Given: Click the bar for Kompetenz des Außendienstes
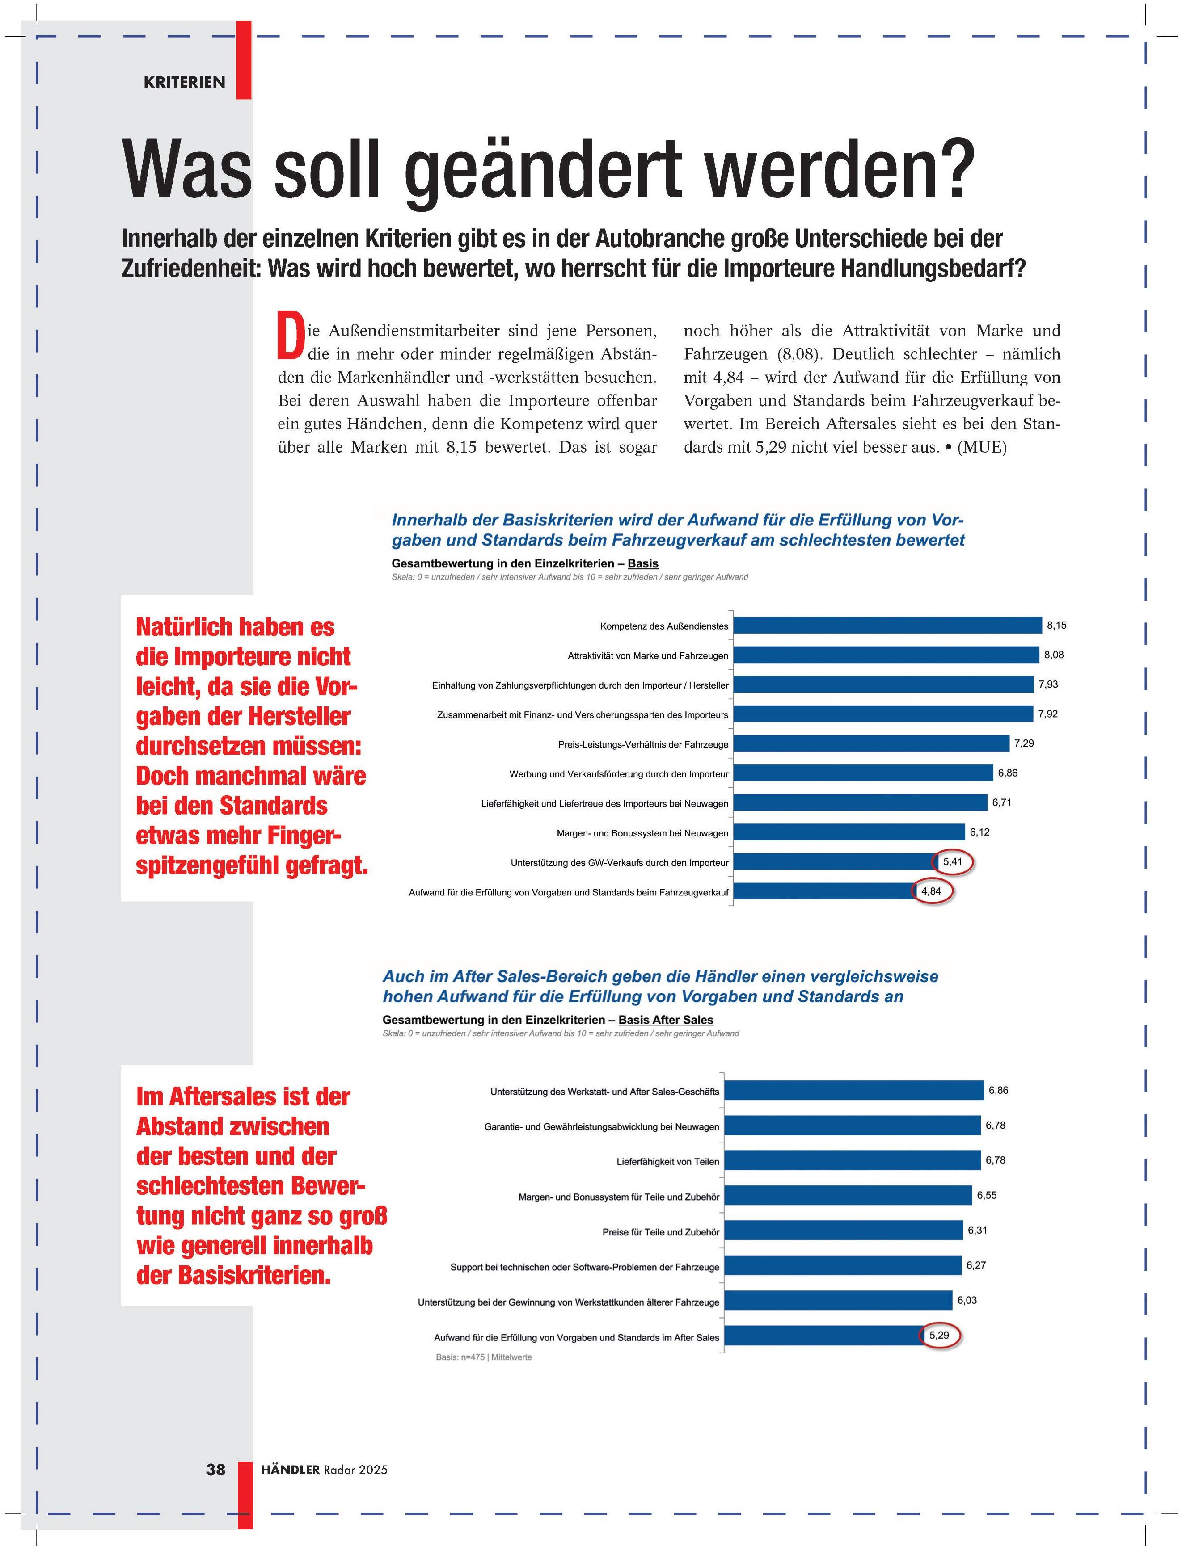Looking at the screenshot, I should (x=886, y=625).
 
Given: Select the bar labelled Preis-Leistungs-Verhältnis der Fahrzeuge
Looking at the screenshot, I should (x=870, y=743).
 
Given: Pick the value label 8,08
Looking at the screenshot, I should (x=1053, y=655).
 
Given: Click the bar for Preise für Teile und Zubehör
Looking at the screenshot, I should (x=843, y=1230).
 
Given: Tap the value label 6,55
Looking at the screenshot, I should (x=986, y=1195).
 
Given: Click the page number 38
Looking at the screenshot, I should (x=215, y=1469).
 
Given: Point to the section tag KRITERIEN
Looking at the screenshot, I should (x=184, y=82).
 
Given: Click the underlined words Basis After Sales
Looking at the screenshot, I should (x=666, y=1020).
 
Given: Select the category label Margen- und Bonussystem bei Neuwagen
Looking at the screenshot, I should (x=642, y=833).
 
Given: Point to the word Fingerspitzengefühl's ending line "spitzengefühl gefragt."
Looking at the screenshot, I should (x=252, y=865).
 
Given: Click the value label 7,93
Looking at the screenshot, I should (x=1047, y=684).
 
